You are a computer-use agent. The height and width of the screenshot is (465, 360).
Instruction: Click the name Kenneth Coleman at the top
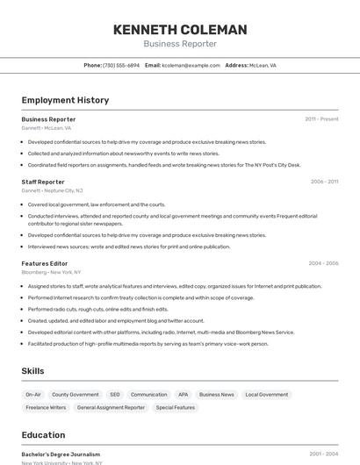point(180,30)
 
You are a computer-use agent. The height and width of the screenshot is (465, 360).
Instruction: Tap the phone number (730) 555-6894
point(121,65)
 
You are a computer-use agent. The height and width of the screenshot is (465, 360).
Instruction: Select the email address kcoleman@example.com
point(191,65)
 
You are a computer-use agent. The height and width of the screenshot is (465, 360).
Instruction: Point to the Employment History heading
point(65,100)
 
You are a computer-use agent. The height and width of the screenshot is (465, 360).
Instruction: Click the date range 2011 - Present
point(321,118)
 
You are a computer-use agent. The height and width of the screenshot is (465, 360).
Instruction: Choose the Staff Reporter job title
point(43,182)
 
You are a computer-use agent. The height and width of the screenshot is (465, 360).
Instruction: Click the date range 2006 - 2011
point(324,182)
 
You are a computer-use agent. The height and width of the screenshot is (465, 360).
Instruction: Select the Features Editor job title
point(45,263)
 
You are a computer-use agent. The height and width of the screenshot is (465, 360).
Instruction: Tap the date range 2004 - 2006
point(323,263)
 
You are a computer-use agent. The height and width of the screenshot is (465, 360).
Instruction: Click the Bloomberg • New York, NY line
point(51,272)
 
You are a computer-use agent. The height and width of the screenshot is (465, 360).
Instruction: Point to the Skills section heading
point(32,371)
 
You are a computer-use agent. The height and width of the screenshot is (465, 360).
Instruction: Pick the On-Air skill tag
point(33,395)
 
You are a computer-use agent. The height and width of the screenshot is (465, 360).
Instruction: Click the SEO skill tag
point(115,395)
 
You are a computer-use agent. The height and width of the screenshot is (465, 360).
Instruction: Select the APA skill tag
point(183,395)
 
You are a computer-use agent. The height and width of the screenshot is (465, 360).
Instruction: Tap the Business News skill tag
point(216,395)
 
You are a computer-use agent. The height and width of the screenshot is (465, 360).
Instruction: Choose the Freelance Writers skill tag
point(46,408)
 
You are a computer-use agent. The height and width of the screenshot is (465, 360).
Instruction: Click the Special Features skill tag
point(176,408)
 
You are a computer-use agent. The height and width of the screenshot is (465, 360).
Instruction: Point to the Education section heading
point(43,435)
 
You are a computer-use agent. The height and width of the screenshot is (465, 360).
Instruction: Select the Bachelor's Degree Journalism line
point(61,454)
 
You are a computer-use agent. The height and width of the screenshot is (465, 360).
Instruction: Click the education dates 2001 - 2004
point(323,454)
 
